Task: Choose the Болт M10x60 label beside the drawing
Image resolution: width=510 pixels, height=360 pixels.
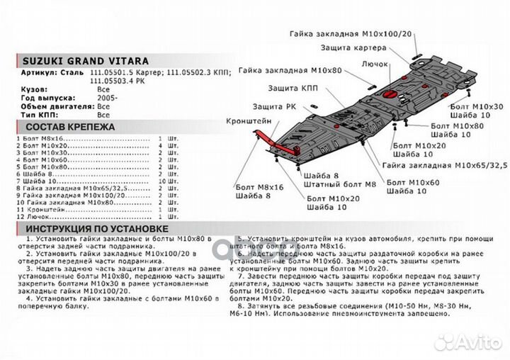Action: [414, 182]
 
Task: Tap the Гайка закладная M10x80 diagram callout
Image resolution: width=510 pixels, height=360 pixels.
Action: [290, 71]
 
